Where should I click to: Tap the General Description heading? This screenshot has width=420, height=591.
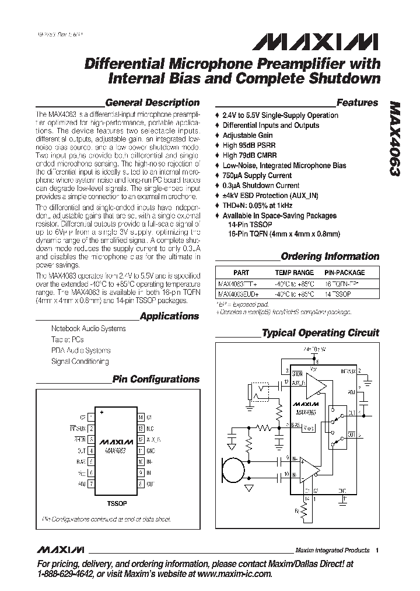coord(152,103)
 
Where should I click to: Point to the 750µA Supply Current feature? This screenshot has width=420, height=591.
coord(257,175)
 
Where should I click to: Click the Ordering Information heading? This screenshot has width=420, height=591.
coord(330,256)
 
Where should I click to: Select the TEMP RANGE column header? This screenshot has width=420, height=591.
coord(294,273)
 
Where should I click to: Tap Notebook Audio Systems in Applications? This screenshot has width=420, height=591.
coord(88,329)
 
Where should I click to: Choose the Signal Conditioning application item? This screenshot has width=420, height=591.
coord(79,361)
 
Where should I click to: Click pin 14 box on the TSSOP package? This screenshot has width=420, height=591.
coord(141,418)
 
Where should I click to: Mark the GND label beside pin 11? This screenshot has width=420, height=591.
coord(150,451)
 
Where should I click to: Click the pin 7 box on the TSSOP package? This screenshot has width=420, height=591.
coord(91,484)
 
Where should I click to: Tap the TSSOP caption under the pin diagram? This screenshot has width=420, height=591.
coord(116,503)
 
